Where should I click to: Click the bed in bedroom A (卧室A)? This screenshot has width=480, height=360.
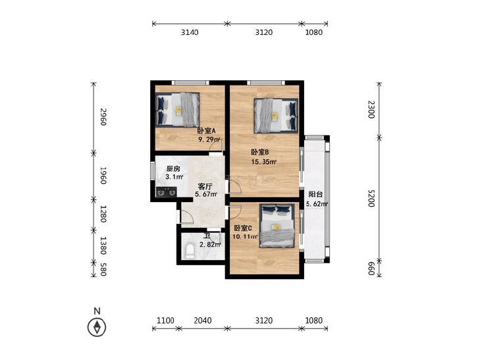pyautogui.click(x=178, y=109)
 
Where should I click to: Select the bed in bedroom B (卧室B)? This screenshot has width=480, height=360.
pyautogui.click(x=276, y=116)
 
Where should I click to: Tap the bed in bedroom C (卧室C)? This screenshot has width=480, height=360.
pyautogui.click(x=277, y=226)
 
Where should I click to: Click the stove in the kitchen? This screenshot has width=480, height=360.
pyautogui.click(x=166, y=192)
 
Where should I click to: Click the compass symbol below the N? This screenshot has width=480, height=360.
pyautogui.click(x=97, y=328)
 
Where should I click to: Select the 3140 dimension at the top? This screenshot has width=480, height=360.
pyautogui.click(x=190, y=32)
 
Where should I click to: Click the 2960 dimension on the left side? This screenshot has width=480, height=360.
pyautogui.click(x=103, y=117)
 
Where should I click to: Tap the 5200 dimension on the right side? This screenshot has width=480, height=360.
pyautogui.click(x=371, y=198)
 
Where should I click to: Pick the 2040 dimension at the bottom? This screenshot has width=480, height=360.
pyautogui.click(x=203, y=321)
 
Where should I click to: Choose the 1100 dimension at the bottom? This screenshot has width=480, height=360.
pyautogui.click(x=165, y=321)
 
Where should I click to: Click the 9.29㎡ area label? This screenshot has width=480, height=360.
pyautogui.click(x=209, y=140)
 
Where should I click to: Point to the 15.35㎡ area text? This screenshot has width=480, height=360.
pyautogui.click(x=264, y=162)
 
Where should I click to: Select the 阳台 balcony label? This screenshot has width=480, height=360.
pyautogui.click(x=315, y=194)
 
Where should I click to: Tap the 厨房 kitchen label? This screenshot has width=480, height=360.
pyautogui.click(x=173, y=169)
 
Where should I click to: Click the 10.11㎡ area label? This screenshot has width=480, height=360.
pyautogui.click(x=245, y=236)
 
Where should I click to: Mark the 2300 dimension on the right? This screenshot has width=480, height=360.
pyautogui.click(x=371, y=109)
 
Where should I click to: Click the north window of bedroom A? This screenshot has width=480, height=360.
pyautogui.click(x=190, y=82)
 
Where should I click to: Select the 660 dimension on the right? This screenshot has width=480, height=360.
pyautogui.click(x=371, y=269)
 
